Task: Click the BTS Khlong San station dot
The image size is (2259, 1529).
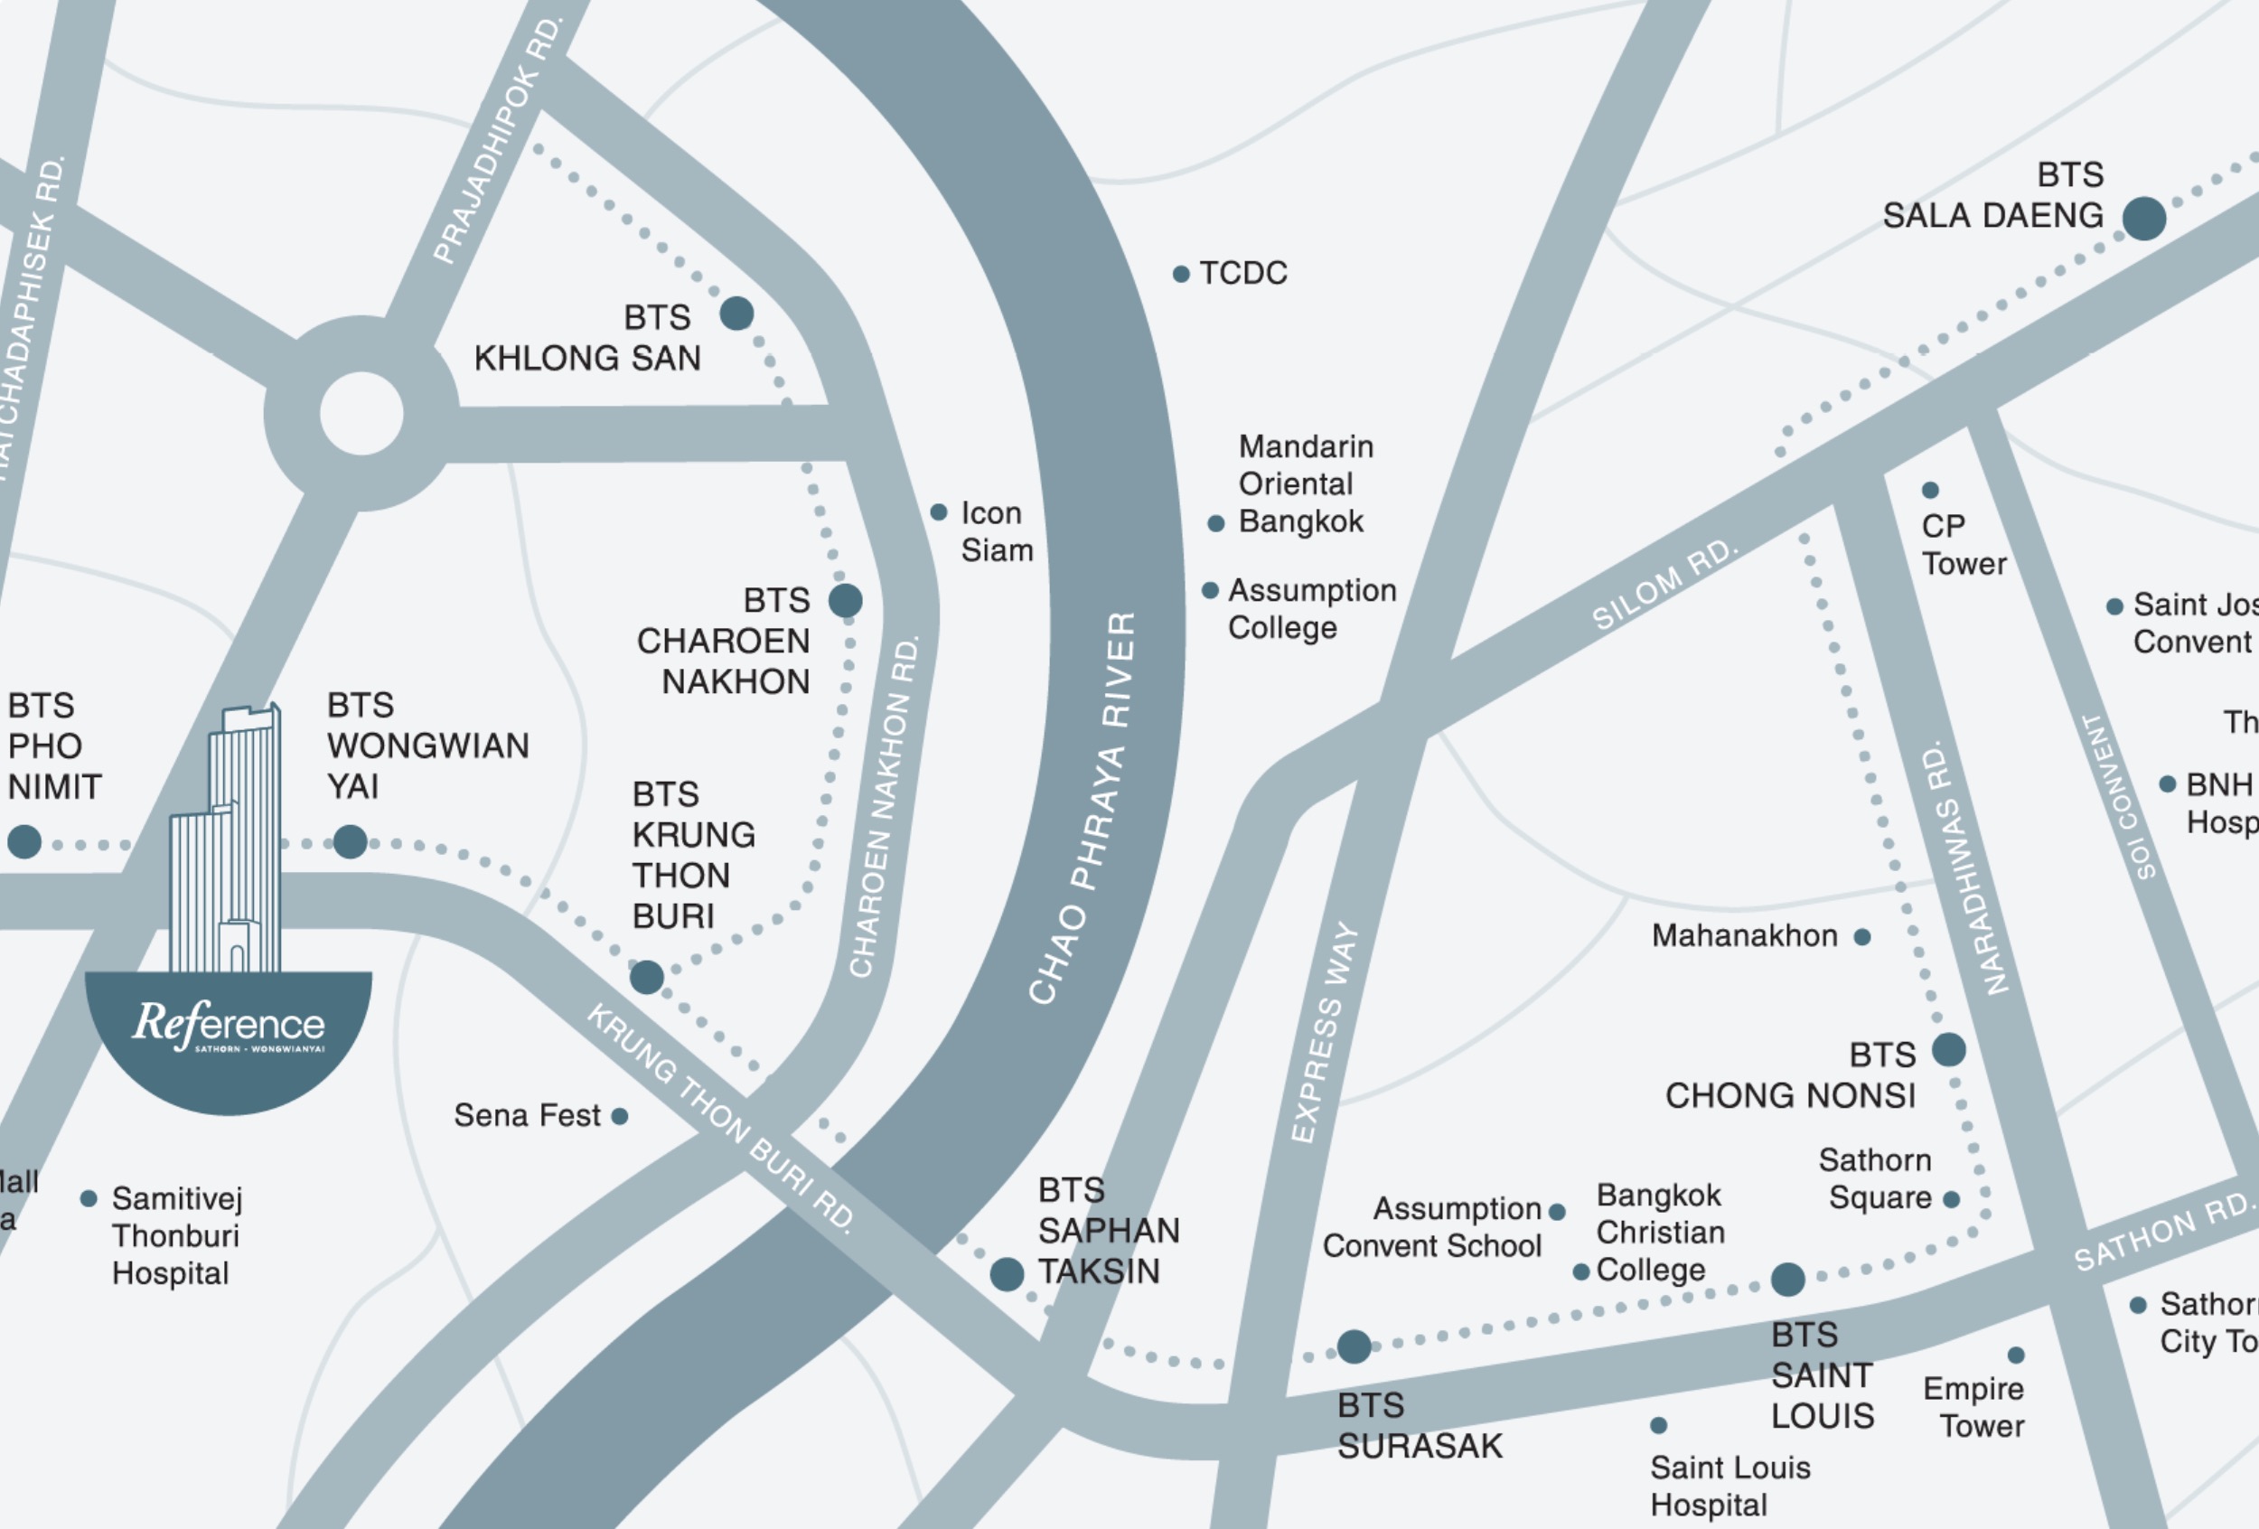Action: (x=736, y=313)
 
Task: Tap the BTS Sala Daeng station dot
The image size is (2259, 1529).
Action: (x=2143, y=218)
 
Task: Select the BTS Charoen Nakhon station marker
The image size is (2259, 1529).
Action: (x=846, y=601)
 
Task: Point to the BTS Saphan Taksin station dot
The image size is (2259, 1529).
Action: (x=1007, y=1273)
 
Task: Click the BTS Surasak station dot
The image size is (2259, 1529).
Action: (x=1354, y=1346)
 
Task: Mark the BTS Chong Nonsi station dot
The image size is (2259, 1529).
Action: (x=1949, y=1050)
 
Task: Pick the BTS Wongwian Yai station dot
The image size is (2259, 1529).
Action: (x=350, y=842)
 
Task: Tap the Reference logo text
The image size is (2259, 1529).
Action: (x=230, y=1025)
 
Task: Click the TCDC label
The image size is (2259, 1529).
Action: (x=1242, y=273)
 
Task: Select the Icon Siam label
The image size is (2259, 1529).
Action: (x=997, y=531)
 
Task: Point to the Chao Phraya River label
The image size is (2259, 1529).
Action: (x=1083, y=807)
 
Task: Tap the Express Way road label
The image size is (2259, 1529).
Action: (x=1324, y=1032)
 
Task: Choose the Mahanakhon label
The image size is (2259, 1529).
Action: (x=1745, y=936)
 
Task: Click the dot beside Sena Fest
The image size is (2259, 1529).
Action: (x=619, y=1117)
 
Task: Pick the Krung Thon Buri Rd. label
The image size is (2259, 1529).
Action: (x=721, y=1119)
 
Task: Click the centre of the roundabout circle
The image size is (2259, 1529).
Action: (x=361, y=414)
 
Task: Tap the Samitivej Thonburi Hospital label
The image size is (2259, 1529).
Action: (x=176, y=1235)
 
